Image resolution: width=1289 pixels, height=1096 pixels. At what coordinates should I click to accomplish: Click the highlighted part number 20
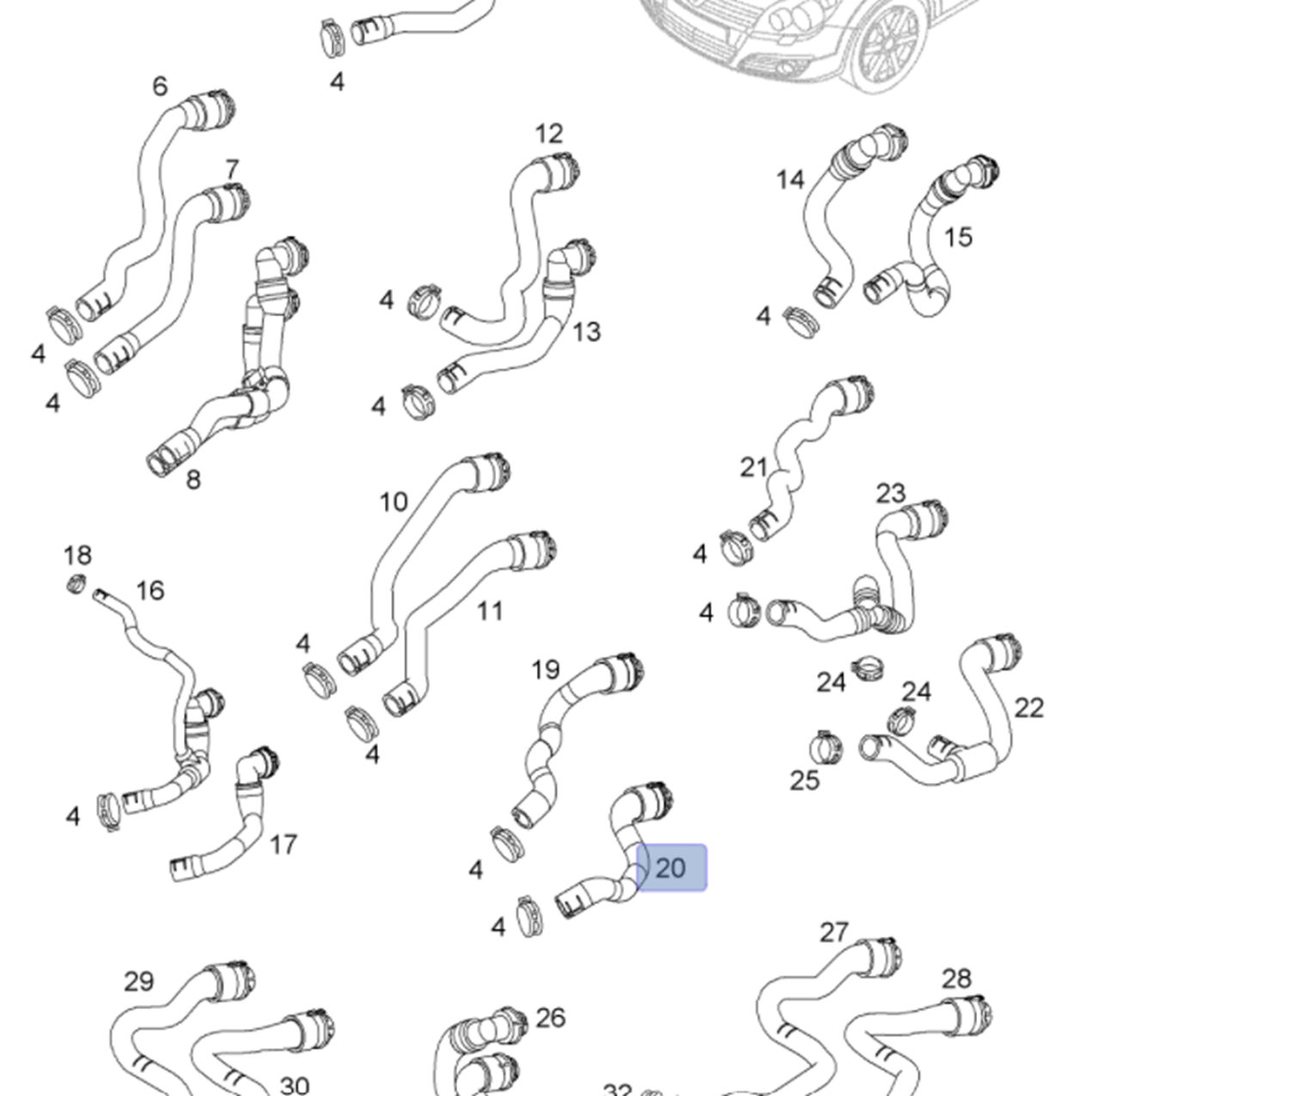pos(671,867)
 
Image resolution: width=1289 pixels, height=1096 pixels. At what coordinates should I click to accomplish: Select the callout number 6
pos(160,86)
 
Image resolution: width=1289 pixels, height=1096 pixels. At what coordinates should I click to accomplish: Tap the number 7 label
pos(232,169)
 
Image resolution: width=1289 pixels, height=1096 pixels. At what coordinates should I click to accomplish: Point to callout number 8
pos(193,479)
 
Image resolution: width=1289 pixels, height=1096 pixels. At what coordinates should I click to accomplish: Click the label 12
pos(549,133)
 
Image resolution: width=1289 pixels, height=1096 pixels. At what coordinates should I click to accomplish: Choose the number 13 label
pos(586,332)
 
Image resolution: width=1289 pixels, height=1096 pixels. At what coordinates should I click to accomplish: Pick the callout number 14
pos(790,180)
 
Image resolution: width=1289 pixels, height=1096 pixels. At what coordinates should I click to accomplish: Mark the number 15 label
pos(958,237)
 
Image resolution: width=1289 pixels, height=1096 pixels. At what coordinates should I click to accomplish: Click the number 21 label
pos(754,468)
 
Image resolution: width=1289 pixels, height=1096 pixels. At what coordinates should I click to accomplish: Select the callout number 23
pos(890,493)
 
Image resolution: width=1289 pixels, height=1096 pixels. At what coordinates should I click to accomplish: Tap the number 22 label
pos(1029,708)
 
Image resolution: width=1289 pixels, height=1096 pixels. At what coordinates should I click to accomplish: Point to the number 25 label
pos(804,781)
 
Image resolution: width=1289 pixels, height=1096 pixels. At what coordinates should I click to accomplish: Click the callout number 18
pos(77,554)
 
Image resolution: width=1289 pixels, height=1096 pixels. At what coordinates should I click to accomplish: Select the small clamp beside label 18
pos(76,585)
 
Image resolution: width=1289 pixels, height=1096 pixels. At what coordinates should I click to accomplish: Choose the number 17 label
pos(283,845)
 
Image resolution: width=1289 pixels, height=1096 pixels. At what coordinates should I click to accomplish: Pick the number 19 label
pos(545,670)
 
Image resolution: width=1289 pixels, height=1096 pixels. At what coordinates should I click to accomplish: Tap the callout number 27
pos(834,933)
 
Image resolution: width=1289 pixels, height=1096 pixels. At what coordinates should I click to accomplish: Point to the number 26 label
pos(551,1018)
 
